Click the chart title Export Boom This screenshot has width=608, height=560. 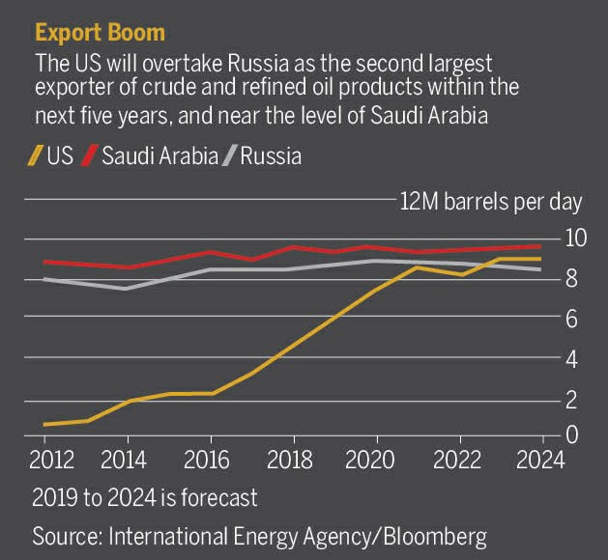(x=100, y=31)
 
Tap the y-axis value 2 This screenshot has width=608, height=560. (x=574, y=398)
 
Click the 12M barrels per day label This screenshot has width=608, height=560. (x=491, y=201)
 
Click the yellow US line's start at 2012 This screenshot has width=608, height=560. (x=45, y=424)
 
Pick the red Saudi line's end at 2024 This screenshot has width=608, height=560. (x=539, y=246)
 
